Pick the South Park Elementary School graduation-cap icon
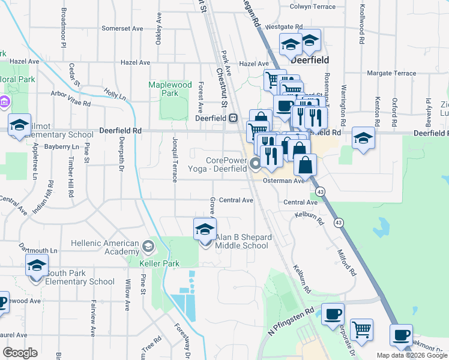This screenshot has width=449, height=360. (x=37, y=265)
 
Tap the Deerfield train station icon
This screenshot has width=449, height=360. (x=233, y=118)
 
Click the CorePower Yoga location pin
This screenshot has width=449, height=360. (x=255, y=163)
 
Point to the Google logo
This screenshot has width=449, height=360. (x=20, y=353)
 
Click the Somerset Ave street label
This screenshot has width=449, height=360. (x=122, y=28)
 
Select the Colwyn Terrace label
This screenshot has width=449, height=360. (x=312, y=7)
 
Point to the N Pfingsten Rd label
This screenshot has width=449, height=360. (x=292, y=322)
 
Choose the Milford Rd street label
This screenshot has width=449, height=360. (x=348, y=263)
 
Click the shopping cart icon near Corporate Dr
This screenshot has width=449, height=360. (x=361, y=328)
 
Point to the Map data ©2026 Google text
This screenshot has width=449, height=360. (x=411, y=355)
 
